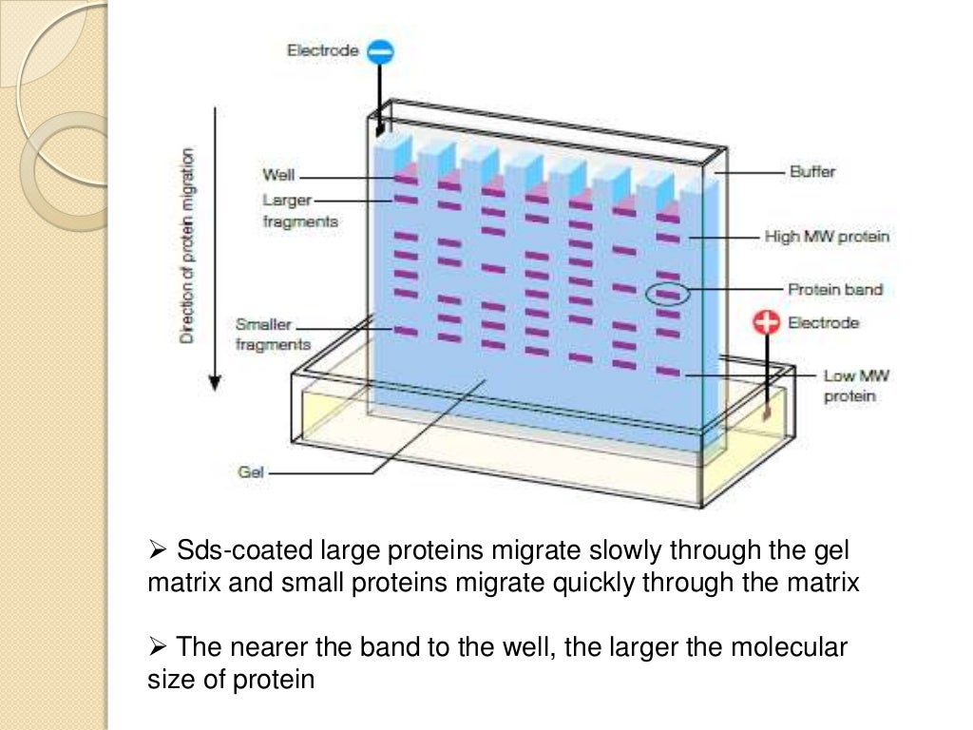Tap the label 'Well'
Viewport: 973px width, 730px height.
click(x=278, y=176)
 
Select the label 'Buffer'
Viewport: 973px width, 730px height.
click(x=811, y=172)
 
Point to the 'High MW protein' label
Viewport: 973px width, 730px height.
click(x=827, y=236)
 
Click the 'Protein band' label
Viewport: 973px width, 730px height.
click(x=835, y=289)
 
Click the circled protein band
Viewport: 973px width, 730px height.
click(x=669, y=295)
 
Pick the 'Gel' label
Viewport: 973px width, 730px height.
click(x=252, y=471)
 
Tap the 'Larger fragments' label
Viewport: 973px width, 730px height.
click(x=298, y=210)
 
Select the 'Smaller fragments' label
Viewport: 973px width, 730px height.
click(x=272, y=334)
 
